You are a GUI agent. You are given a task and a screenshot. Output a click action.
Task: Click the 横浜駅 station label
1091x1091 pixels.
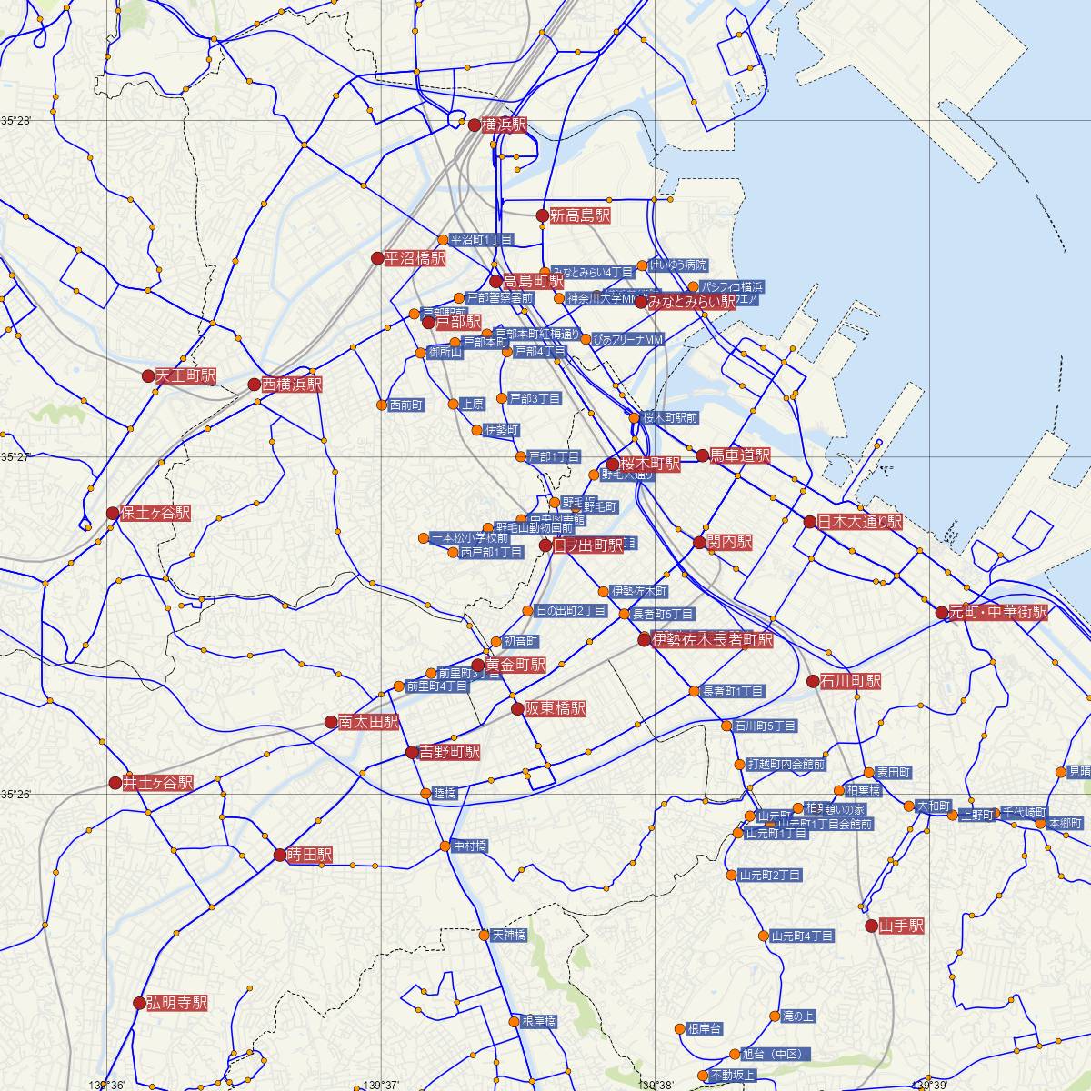(504, 125)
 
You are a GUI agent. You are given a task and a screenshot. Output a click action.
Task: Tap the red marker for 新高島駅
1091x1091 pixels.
(542, 215)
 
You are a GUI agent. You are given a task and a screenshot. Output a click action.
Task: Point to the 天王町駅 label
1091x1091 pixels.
(185, 375)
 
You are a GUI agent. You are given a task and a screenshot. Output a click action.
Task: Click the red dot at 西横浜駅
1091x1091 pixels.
(255, 385)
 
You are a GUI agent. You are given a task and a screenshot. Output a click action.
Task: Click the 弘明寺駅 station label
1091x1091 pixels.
(176, 1003)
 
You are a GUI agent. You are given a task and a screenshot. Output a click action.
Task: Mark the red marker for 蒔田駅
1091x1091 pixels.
(280, 855)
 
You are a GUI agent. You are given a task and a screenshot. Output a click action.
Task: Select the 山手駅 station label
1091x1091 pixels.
(901, 926)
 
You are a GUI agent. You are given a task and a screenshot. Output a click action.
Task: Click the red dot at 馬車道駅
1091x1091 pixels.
(703, 455)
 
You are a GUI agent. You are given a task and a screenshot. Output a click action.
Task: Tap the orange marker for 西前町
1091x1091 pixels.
(382, 405)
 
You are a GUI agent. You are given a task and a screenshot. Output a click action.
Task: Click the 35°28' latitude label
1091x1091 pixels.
(16, 120)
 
